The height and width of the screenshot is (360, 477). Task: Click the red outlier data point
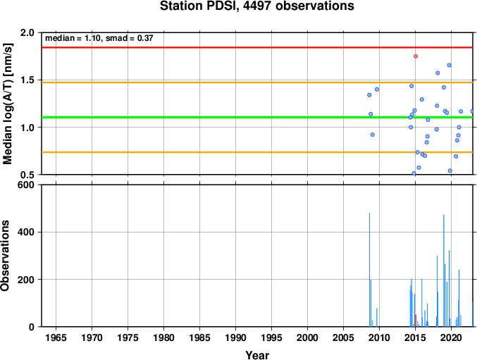[x=416, y=56]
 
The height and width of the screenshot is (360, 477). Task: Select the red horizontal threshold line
[x=257, y=47]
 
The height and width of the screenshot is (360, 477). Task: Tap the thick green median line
[x=257, y=118]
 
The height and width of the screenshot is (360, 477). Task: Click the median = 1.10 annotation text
[x=73, y=38]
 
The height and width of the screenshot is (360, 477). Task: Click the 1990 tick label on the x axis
[x=235, y=337]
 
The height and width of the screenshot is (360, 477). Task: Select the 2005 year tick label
[x=343, y=337]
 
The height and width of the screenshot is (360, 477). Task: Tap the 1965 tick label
[x=56, y=337]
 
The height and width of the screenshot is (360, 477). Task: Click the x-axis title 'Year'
[x=257, y=355]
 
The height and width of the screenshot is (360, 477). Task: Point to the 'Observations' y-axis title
[x=5, y=256]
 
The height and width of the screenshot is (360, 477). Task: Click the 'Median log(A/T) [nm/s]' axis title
[x=8, y=104]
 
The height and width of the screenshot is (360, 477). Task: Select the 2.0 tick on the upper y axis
[x=27, y=32]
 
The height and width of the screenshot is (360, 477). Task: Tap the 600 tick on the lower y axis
[x=26, y=185]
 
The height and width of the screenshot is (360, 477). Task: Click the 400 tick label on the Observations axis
[x=26, y=232]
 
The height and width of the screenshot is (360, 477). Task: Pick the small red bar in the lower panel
[x=416, y=321]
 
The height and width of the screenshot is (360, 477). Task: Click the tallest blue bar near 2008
[x=370, y=270]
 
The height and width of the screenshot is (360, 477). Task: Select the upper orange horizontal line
[x=257, y=82]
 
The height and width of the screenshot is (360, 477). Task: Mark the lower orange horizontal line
[x=257, y=152]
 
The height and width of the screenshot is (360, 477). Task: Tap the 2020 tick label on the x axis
[x=451, y=337]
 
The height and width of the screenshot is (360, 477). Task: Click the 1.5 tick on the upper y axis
[x=27, y=80]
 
